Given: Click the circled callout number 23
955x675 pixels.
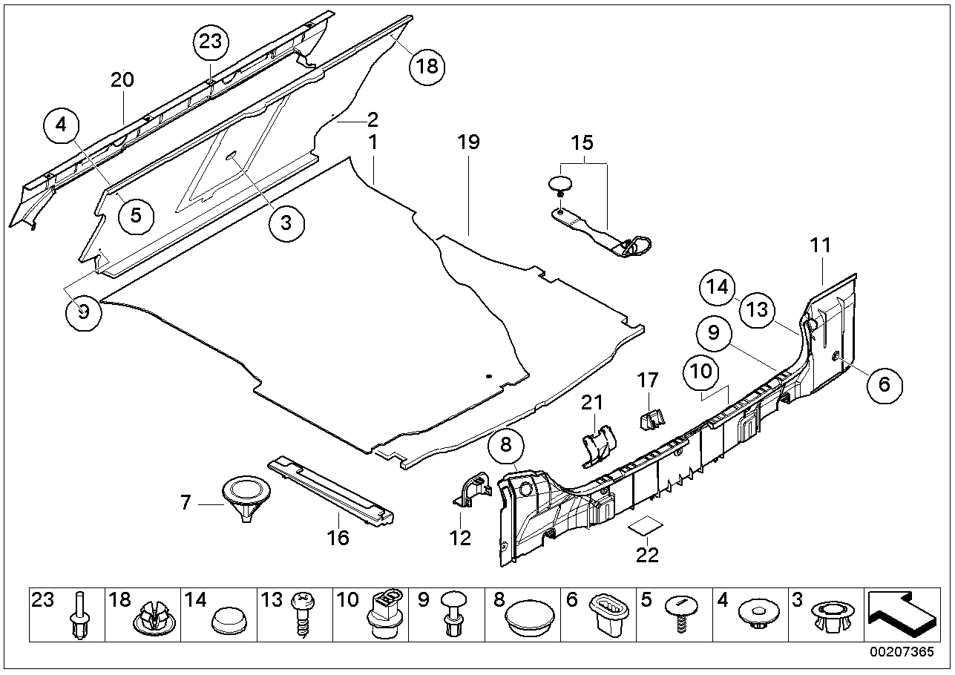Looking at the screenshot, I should coord(211,42).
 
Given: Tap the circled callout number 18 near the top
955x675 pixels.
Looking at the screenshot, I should coord(427,66).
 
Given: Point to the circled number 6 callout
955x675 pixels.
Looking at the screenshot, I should coord(884,383).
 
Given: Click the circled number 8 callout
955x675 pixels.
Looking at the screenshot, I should coord(506,447).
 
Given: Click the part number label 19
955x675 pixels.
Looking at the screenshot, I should coord(469,142).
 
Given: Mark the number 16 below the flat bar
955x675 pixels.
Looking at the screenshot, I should coord(338,538).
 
